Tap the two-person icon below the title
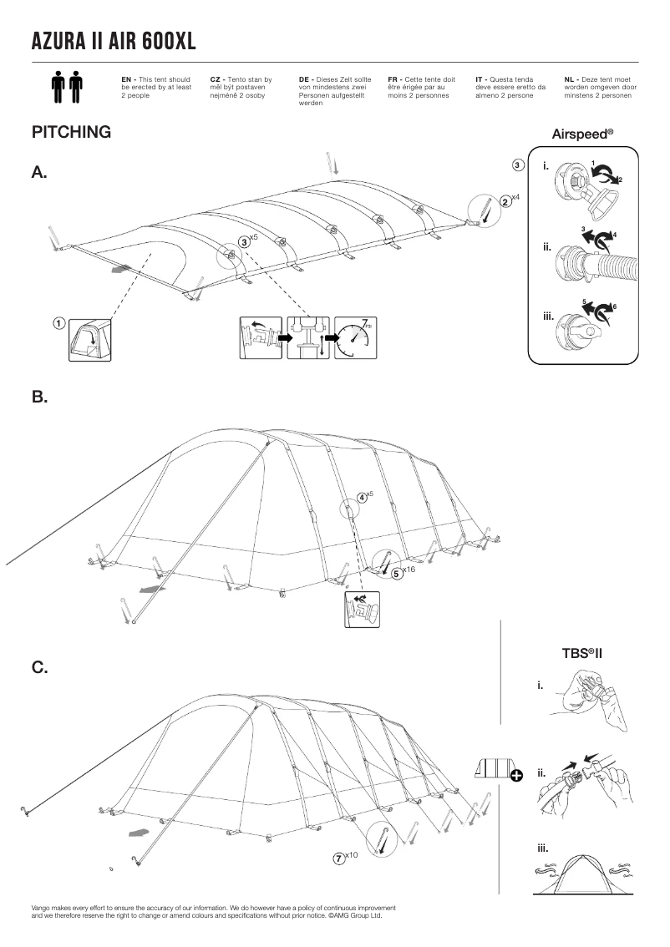click(67, 87)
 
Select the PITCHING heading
click(71, 132)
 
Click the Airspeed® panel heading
click(582, 134)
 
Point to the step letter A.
click(39, 173)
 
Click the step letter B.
click(39, 398)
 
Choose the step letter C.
click(39, 667)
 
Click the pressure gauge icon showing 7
click(356, 337)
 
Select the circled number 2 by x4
click(505, 201)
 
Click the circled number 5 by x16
click(397, 573)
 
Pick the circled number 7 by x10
click(339, 858)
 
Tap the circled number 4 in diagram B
click(362, 497)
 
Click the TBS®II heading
click(582, 651)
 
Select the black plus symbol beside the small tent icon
click(515, 776)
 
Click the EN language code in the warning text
click(128, 78)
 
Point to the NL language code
click(571, 78)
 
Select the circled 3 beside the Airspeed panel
click(518, 165)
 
